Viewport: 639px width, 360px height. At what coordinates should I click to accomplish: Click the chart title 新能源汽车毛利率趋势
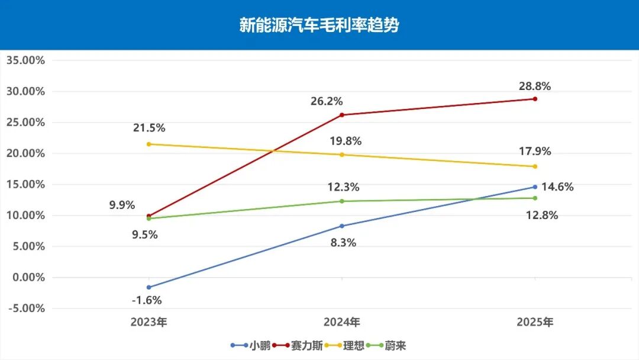[319, 25]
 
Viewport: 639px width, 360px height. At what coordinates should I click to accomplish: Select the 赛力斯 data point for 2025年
[535, 99]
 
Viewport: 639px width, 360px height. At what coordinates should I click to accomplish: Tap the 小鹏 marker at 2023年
[149, 287]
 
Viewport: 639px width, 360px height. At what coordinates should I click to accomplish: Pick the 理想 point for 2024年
[342, 155]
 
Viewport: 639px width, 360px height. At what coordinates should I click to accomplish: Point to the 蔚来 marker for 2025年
[535, 198]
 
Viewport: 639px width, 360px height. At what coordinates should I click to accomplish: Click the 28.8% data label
[535, 86]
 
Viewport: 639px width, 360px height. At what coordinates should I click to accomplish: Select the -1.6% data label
[146, 300]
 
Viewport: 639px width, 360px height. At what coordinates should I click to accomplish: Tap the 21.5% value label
[149, 127]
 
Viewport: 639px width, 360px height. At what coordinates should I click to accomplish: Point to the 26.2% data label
[327, 101]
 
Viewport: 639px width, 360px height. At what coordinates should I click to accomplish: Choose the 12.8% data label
[543, 215]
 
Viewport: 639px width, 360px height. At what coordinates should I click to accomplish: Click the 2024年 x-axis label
[342, 323]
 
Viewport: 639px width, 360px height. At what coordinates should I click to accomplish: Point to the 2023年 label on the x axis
[149, 323]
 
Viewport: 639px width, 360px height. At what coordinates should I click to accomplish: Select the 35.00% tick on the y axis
[25, 60]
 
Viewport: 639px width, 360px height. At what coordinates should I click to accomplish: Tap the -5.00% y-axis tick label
[25, 308]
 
